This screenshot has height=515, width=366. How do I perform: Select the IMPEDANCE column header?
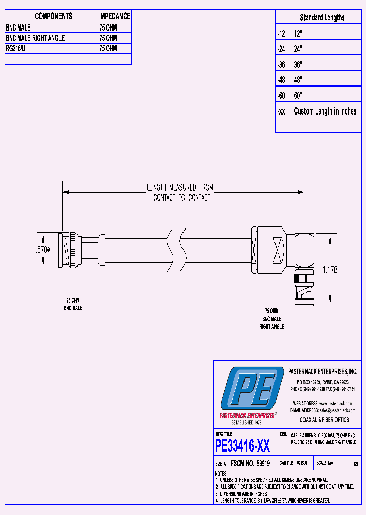(x=114, y=16)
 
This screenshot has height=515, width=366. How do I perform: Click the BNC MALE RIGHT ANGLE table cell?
(x=35, y=38)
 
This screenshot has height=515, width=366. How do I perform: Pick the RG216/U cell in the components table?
(x=18, y=48)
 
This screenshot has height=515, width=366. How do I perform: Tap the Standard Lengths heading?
(x=322, y=17)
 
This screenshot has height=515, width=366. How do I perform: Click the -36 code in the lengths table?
(x=282, y=65)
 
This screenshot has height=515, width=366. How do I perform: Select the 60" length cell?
(x=298, y=96)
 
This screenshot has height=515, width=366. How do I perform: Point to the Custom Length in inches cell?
(x=325, y=111)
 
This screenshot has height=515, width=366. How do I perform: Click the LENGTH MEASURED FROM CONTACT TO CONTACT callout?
(x=181, y=193)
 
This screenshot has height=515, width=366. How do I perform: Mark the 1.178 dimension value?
(x=329, y=269)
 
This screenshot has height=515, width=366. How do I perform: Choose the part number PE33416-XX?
(x=242, y=447)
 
